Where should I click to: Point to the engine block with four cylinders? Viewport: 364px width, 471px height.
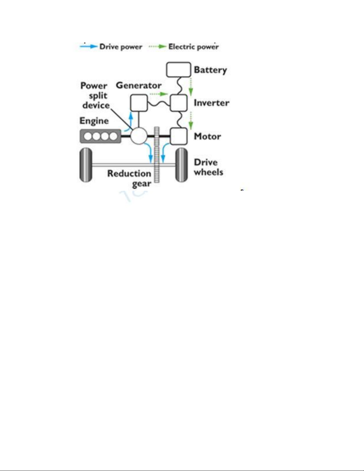pos(100,136)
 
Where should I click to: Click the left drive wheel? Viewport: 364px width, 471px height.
pos(86,165)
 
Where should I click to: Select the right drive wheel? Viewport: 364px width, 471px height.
pos(181,165)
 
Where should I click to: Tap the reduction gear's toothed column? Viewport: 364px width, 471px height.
pos(157,155)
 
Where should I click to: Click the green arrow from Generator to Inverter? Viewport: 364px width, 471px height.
pos(159,94)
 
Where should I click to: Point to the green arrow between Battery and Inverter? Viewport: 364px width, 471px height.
pos(191,87)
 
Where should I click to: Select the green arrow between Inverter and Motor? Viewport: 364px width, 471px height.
pos(191,121)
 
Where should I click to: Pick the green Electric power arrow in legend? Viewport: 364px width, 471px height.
pos(157,46)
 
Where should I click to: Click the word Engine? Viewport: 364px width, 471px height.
pos(94,121)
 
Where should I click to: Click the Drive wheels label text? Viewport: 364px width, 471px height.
pos(208,167)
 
